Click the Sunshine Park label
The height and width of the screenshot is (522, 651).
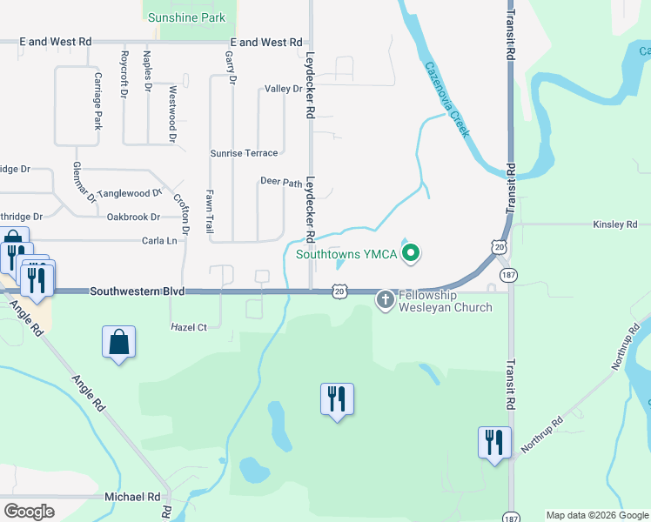coord(186,17)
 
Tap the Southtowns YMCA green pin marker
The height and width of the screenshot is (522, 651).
coord(412,255)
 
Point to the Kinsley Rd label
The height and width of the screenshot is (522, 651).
coord(615,224)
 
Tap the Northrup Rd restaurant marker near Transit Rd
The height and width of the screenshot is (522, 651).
coord(493,442)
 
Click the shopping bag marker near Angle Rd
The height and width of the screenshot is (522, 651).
coord(119,342)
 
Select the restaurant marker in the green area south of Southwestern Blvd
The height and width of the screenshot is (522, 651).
coord(337,398)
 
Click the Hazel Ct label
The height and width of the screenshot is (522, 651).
coord(189,327)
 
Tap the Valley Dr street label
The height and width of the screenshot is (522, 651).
coord(283,89)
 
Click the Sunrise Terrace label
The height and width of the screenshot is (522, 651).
coord(244,153)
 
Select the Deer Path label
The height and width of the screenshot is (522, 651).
coord(281,182)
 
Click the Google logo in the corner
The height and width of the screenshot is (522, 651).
coord(29,512)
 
